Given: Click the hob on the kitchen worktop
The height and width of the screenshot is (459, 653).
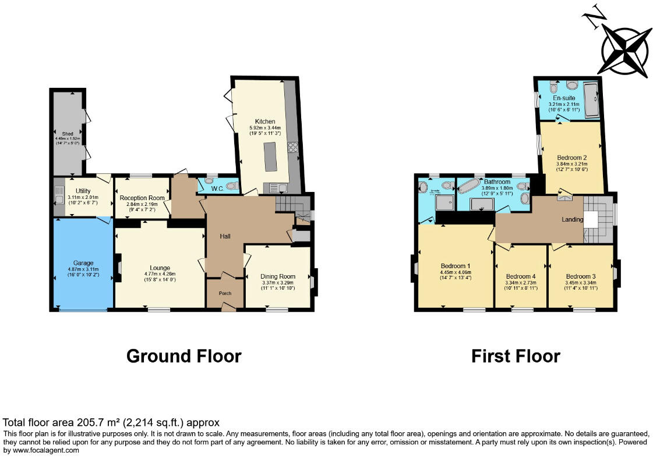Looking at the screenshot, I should tap(292, 147).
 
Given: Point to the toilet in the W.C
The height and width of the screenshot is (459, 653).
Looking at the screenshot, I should tap(231, 186).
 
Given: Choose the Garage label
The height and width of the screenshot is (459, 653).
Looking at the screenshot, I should tap(82, 263).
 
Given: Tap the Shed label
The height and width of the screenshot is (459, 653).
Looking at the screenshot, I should tap(69, 133).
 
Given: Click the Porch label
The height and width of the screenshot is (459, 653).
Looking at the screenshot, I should tap(224, 293).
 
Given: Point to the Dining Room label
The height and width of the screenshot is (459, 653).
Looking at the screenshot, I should tap(278, 276).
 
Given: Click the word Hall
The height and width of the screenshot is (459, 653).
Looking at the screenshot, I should tap(225, 236).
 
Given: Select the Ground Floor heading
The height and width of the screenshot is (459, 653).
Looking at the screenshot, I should tap(183, 356).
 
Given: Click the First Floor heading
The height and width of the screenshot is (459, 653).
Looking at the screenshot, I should tap(516, 356).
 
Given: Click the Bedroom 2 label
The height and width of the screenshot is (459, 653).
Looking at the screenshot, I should tap(571, 158).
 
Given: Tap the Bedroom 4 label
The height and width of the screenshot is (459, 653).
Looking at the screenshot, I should tap(520, 276).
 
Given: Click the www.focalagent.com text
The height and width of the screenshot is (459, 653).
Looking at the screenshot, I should tap(41, 450).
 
